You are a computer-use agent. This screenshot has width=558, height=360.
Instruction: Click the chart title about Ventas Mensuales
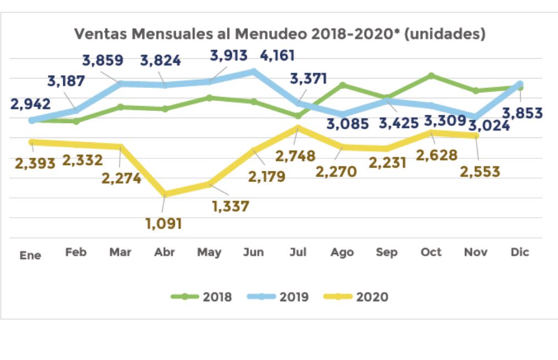(x=280, y=35)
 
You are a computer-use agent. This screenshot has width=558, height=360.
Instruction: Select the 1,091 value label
(x=164, y=224)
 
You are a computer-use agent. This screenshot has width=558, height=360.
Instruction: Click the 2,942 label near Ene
(x=30, y=104)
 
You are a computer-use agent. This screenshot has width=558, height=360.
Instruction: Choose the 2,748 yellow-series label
(x=295, y=156)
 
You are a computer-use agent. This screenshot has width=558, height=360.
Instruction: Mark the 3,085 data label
(x=347, y=124)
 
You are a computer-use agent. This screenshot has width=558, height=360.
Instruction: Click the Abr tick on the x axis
(x=164, y=252)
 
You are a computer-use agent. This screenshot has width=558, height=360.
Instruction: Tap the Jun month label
(x=253, y=252)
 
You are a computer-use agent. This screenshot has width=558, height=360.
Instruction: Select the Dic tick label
(x=520, y=252)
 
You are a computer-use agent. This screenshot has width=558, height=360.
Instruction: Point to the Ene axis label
(x=30, y=256)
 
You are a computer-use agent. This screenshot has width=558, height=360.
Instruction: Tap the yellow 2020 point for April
(x=164, y=194)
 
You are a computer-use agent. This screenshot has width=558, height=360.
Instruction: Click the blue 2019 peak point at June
(x=253, y=71)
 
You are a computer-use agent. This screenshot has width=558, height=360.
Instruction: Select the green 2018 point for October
(x=431, y=75)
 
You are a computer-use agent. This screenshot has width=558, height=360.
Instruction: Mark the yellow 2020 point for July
(x=298, y=128)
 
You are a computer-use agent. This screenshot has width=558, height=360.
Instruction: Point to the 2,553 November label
(x=480, y=171)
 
